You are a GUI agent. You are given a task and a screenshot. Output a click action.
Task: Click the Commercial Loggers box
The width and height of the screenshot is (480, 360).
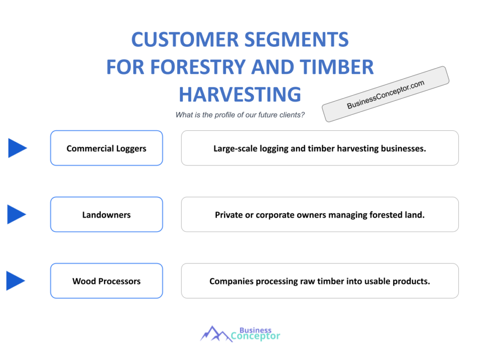[106, 148]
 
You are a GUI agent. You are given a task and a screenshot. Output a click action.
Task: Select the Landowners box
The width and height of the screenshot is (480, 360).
[106, 215]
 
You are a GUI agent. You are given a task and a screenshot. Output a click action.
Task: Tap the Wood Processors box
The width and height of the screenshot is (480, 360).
[106, 281]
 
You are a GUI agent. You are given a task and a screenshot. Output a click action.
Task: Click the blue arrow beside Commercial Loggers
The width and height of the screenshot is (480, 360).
[17, 148]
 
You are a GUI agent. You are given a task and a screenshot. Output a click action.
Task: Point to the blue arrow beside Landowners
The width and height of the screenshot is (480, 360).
[16, 214]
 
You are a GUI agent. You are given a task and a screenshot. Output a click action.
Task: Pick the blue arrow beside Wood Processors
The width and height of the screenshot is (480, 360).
[15, 281]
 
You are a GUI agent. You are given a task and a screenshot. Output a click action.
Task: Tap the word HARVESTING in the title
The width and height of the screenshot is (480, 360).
[240, 94]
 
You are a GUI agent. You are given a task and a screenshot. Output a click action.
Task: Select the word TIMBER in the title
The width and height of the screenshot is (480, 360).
[336, 67]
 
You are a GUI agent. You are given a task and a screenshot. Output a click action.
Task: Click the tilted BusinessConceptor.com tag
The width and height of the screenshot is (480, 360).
[385, 94]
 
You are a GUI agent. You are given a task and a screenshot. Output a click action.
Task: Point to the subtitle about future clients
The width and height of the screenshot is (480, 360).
[240, 115]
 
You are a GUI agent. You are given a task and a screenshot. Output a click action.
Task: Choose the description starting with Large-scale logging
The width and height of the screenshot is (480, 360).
[320, 148]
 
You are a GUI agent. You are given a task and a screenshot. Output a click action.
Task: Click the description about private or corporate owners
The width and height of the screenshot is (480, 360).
[320, 215]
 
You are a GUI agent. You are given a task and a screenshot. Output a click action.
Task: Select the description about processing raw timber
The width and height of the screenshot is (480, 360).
[320, 281]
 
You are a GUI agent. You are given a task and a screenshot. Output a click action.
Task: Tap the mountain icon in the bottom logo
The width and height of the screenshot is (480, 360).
[216, 333]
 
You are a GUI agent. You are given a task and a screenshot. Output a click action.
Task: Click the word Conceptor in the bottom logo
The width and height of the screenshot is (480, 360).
[255, 336]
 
